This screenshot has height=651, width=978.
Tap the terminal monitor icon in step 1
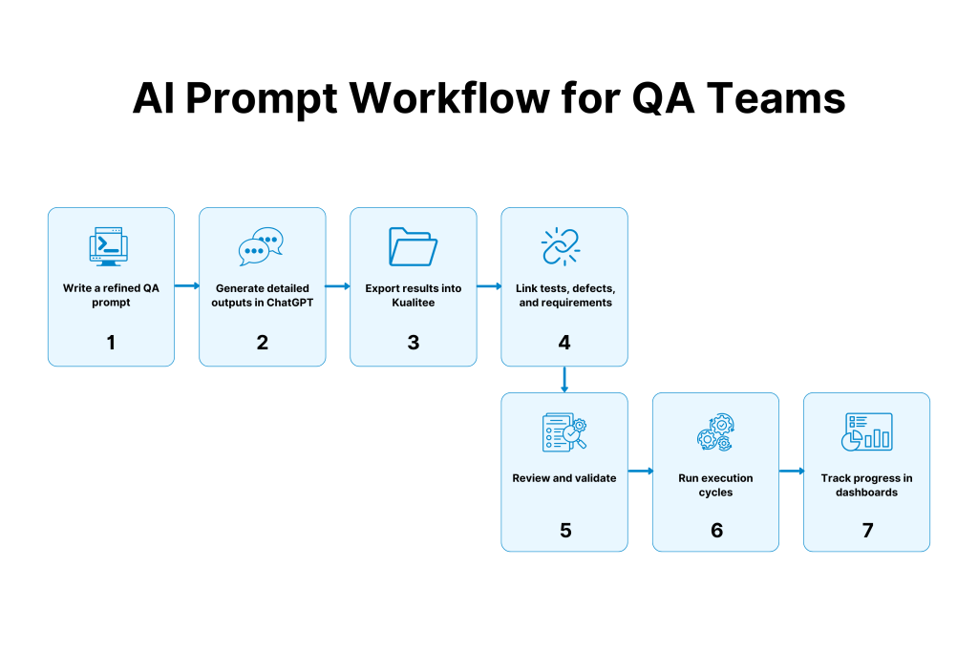point(111,247)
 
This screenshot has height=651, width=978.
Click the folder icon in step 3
point(413,246)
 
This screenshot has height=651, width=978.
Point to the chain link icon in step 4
point(563,246)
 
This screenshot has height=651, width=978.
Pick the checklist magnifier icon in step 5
point(563,432)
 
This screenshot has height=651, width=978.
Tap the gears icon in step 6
point(715,432)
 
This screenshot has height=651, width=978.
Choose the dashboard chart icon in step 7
point(866,432)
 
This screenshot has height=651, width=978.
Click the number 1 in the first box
point(111,342)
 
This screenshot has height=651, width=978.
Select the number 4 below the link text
point(564,342)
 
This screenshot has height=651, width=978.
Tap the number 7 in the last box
point(867,529)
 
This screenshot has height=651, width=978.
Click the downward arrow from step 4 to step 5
point(564,379)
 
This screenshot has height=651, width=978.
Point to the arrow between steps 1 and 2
point(187,285)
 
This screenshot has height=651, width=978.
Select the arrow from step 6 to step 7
point(792,471)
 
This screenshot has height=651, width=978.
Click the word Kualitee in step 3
point(413,303)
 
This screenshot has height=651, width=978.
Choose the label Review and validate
point(564,477)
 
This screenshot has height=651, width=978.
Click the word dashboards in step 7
point(866,493)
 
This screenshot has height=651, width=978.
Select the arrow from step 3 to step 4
point(489,285)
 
